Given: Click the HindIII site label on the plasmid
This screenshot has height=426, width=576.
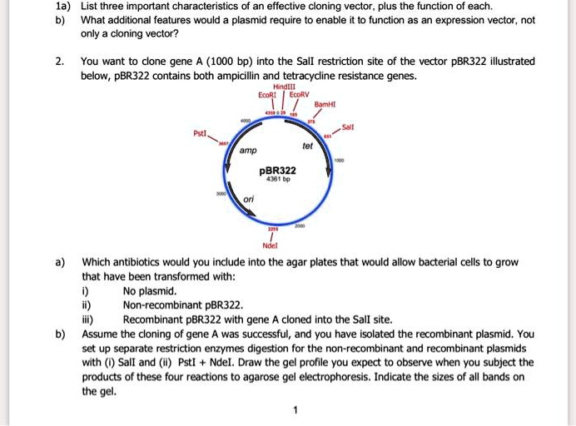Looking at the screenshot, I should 273,86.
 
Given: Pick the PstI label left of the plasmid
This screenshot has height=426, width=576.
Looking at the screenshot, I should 201,131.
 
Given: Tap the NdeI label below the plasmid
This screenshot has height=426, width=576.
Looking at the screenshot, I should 271,245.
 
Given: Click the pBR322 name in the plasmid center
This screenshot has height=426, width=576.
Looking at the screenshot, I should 276,170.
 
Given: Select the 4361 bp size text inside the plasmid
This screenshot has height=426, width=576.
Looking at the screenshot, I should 276,179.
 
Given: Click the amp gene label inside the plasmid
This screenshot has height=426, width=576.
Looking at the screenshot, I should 247,151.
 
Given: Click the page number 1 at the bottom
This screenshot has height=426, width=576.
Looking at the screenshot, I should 294,409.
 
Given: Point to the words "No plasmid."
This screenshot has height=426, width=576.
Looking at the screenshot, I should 150,291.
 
